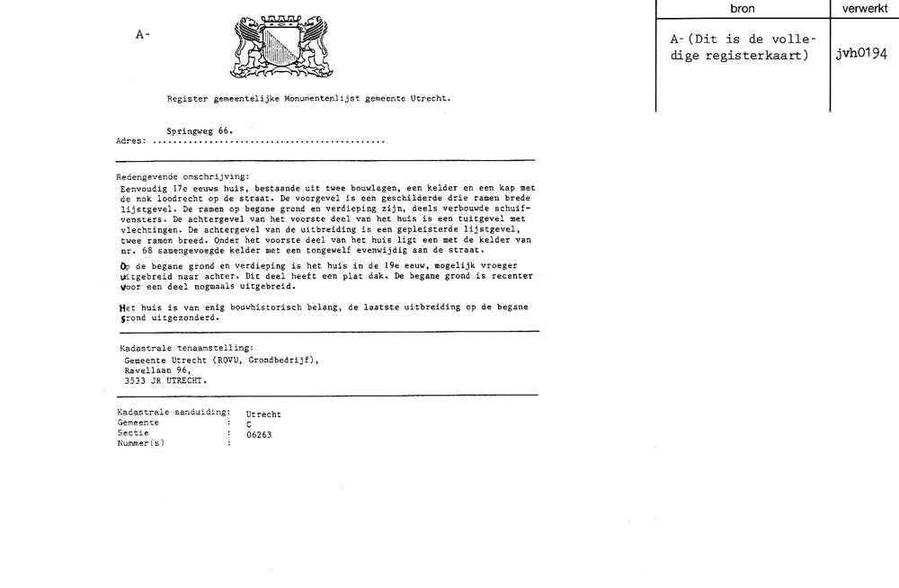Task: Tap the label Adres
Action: pyautogui.click(x=131, y=142)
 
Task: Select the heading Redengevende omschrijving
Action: pyautogui.click(x=183, y=177)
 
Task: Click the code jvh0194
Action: pyautogui.click(x=860, y=53)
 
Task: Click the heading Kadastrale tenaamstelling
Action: pyautogui.click(x=186, y=347)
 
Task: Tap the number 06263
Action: pyautogui.click(x=259, y=434)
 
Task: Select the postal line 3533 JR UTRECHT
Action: pyautogui.click(x=165, y=379)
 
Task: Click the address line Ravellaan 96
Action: pyautogui.click(x=157, y=369)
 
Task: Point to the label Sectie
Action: pyautogui.click(x=133, y=432)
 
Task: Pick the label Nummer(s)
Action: pyautogui.click(x=141, y=442)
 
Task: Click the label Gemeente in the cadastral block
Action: pyautogui.click(x=138, y=423)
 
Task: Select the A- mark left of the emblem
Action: pyautogui.click(x=142, y=34)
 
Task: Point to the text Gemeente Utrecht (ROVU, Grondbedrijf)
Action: pyautogui.click(x=221, y=359)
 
